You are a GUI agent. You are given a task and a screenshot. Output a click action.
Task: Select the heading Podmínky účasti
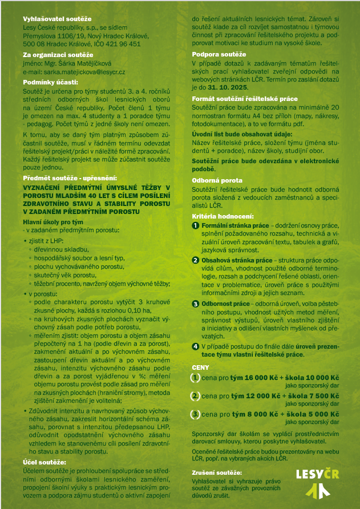(x=46, y=82)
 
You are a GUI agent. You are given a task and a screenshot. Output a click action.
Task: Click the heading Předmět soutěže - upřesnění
(x=70, y=179)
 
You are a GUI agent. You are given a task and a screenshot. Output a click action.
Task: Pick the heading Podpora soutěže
(x=220, y=54)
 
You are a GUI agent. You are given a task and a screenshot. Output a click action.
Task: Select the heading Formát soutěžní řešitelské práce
(x=245, y=98)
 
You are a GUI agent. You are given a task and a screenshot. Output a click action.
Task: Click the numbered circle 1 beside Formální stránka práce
(x=196, y=227)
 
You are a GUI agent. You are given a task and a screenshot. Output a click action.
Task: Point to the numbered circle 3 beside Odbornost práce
(x=196, y=304)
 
